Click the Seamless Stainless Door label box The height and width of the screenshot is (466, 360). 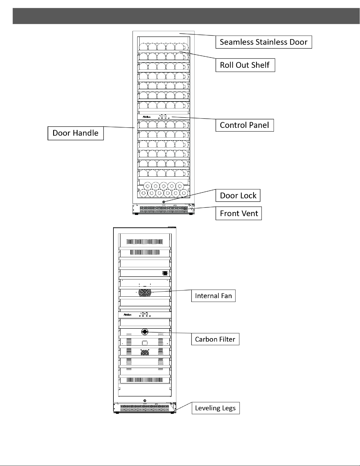click(264, 42)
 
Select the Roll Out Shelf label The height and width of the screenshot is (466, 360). click(245, 65)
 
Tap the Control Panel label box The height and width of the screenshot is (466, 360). click(245, 125)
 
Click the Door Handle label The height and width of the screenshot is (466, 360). click(76, 133)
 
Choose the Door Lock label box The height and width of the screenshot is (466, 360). click(238, 195)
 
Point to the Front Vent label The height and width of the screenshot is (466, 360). click(239, 213)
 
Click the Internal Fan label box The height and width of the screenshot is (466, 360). click(213, 296)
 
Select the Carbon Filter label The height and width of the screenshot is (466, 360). click(215, 339)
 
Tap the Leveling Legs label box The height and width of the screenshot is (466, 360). click(216, 408)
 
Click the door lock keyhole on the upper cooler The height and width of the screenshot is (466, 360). click(164, 202)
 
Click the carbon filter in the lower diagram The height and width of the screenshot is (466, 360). click(145, 332)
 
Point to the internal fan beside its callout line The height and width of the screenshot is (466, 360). click(145, 293)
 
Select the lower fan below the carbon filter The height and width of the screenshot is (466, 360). click(145, 352)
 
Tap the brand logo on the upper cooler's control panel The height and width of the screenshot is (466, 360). click(147, 117)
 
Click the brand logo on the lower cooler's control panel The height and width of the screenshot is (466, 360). click(127, 315)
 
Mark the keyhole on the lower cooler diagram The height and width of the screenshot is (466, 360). click(145, 401)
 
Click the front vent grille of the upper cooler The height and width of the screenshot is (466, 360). click(163, 210)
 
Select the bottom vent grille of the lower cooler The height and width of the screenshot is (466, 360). click(144, 408)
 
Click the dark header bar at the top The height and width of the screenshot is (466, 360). click(186, 16)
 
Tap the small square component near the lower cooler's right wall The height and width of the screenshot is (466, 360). click(165, 273)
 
